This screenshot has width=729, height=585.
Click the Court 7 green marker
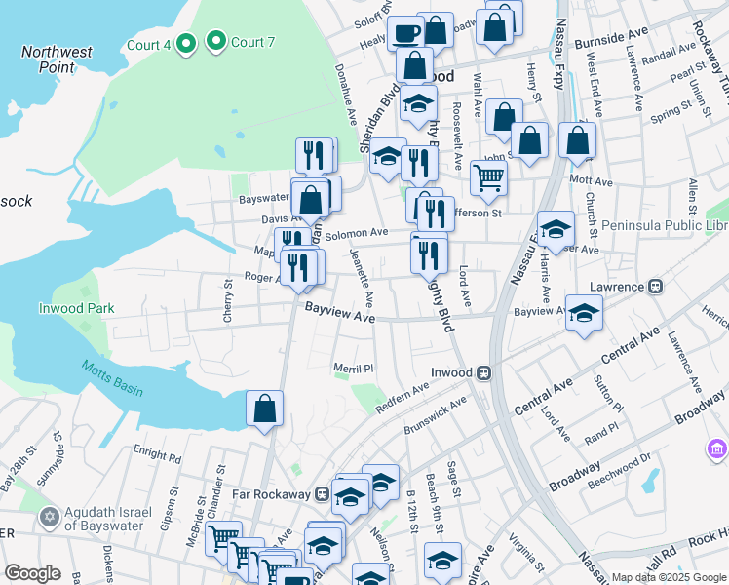pos(216,42)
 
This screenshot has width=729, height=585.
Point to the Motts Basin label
pos(112,377)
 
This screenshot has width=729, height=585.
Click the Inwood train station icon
pos(482,372)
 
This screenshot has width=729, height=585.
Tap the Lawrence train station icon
pos(656,287)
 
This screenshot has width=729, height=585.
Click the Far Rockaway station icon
pos(321,494)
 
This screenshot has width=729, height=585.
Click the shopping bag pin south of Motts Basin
pos(265,409)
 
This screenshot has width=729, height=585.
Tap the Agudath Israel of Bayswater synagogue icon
pos(49,514)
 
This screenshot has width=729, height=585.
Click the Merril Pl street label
pos(355,369)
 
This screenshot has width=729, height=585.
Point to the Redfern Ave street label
pos(402,397)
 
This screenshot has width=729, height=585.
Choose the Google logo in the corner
pos(33,573)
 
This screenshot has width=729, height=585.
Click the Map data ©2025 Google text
pos(668,577)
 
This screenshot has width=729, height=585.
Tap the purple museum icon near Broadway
pos(717,449)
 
